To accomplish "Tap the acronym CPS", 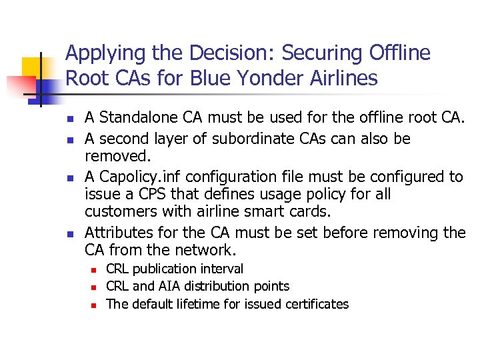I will coord(148,194).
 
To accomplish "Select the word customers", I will coord(115,212).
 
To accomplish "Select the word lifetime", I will coord(196,304).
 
